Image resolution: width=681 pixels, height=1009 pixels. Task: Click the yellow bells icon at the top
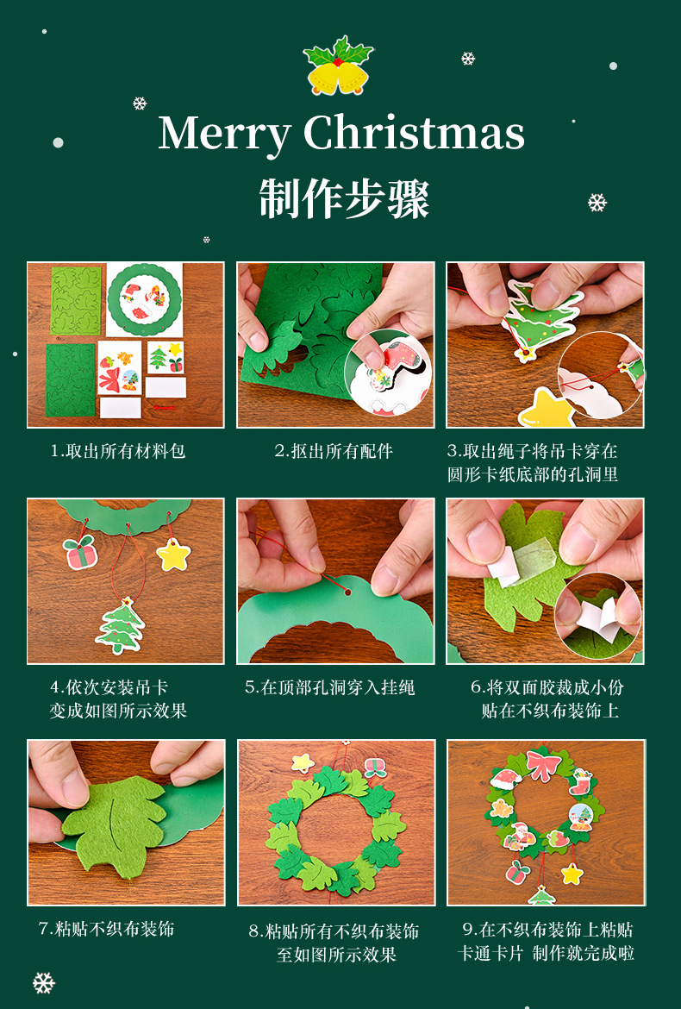tap(338, 66)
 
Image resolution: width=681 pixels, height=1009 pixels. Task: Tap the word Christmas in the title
tap(414, 133)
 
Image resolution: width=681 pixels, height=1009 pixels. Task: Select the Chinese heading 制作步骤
tap(343, 199)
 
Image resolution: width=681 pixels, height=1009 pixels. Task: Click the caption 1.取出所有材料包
tap(118, 451)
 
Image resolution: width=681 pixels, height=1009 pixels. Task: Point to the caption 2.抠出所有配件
tap(334, 451)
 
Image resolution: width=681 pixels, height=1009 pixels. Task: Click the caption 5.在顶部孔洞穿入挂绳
tap(330, 687)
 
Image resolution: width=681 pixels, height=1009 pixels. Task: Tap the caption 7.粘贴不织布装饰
tap(107, 929)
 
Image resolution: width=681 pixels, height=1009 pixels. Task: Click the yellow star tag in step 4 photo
tap(173, 555)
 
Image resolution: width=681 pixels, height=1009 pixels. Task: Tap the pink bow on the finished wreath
tap(543, 764)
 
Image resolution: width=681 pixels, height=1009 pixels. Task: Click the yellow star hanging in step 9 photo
tap(572, 874)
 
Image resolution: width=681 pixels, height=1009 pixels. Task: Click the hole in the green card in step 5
tap(348, 592)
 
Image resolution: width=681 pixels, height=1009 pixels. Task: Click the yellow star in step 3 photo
tap(546, 408)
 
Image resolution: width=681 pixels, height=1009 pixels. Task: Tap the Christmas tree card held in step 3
tap(538, 317)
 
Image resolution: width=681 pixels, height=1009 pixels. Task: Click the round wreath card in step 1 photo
tap(144, 299)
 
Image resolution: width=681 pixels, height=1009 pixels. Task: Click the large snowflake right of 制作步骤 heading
tap(597, 203)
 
